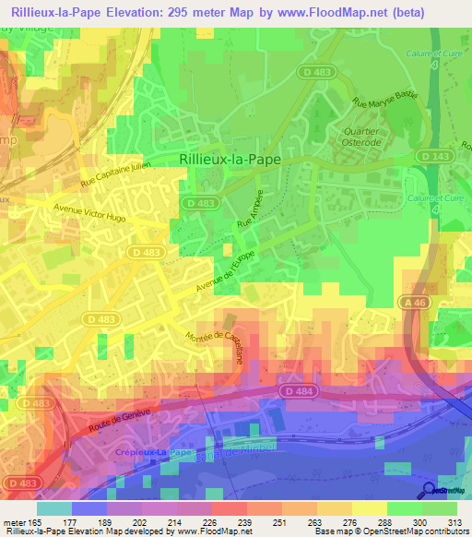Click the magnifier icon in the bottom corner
pos(429,490)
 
